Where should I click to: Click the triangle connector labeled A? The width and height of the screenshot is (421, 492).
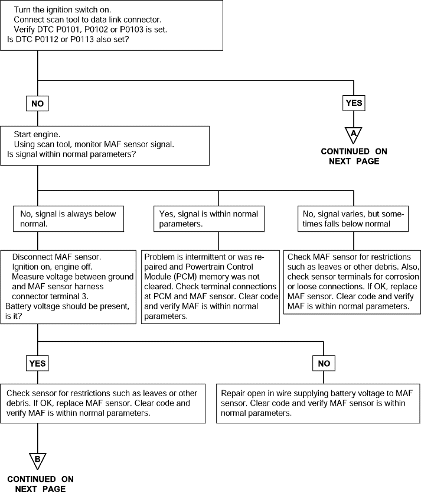tap(353, 135)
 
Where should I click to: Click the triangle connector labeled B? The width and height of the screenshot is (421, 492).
tap(38, 461)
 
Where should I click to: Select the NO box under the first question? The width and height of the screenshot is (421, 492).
tap(37, 103)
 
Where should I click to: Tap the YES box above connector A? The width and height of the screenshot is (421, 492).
tap(354, 103)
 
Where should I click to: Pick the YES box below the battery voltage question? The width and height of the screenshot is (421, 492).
tap(37, 363)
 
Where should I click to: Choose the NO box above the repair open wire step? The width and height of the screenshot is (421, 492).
tap(324, 363)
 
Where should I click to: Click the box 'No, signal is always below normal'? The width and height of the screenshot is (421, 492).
tap(68, 219)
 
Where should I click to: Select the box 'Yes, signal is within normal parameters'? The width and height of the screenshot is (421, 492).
tap(209, 219)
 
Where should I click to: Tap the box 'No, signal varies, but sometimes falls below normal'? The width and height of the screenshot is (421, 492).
tap(353, 219)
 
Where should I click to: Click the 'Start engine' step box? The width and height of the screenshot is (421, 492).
tap(105, 145)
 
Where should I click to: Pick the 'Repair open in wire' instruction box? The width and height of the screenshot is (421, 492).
tap(318, 403)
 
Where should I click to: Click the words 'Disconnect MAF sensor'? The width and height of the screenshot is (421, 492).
tap(56, 257)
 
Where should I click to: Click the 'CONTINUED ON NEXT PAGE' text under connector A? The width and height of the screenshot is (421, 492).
tap(354, 156)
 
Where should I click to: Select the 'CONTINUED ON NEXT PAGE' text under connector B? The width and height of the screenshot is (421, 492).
tap(40, 484)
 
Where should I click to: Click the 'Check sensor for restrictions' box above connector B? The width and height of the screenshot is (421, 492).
tap(103, 403)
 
